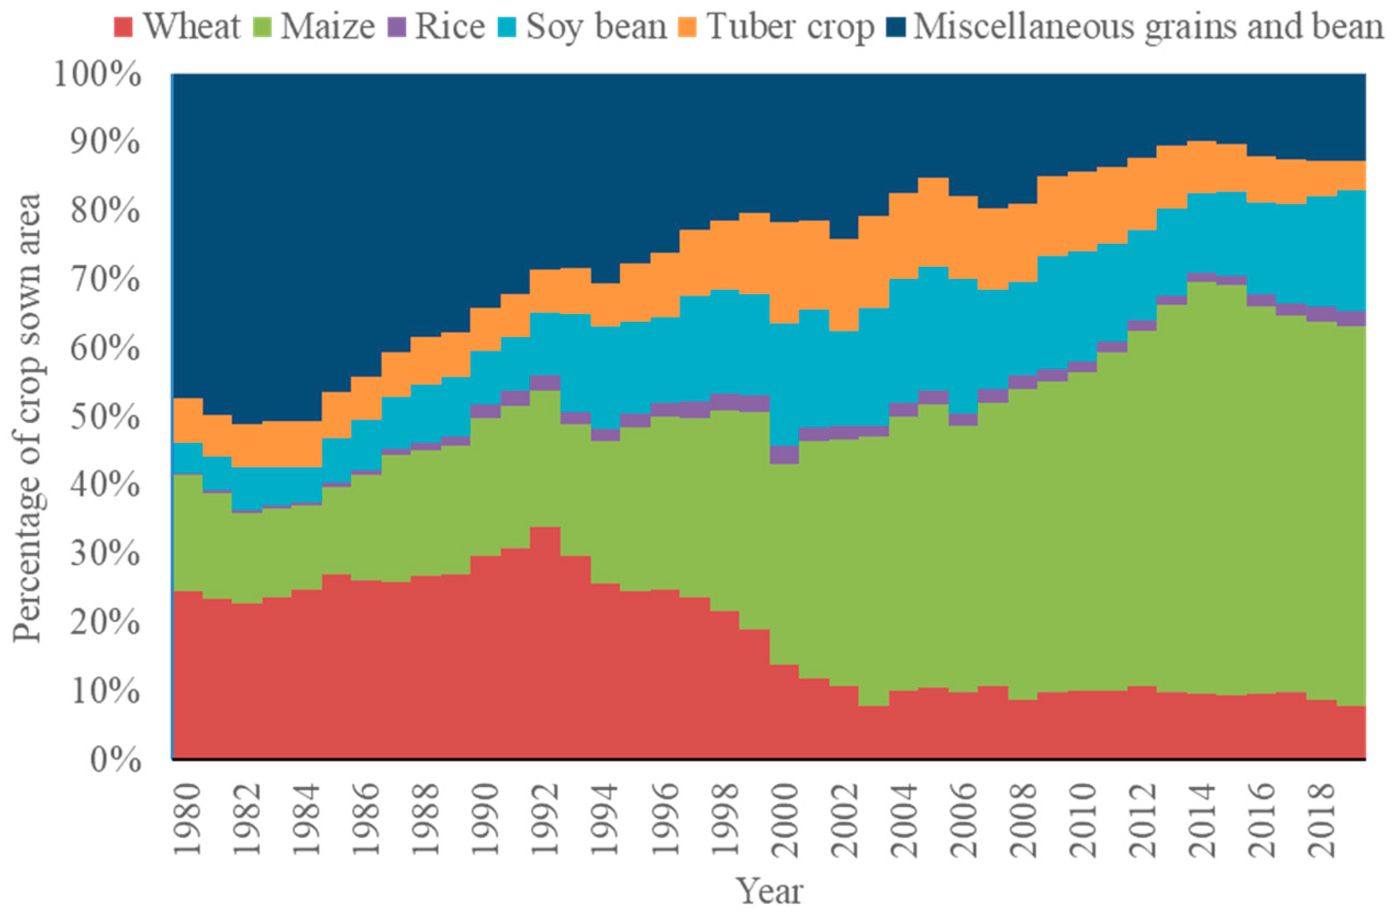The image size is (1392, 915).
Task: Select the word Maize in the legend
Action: [327, 27]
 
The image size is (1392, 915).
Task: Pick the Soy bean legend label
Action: [596, 27]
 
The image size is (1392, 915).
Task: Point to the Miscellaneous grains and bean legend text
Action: [1148, 27]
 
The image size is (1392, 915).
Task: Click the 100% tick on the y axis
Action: [97, 75]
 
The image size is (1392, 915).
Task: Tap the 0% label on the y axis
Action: [115, 760]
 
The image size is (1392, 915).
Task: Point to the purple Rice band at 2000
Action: [784, 455]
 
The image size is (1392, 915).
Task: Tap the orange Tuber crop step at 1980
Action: [188, 420]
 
